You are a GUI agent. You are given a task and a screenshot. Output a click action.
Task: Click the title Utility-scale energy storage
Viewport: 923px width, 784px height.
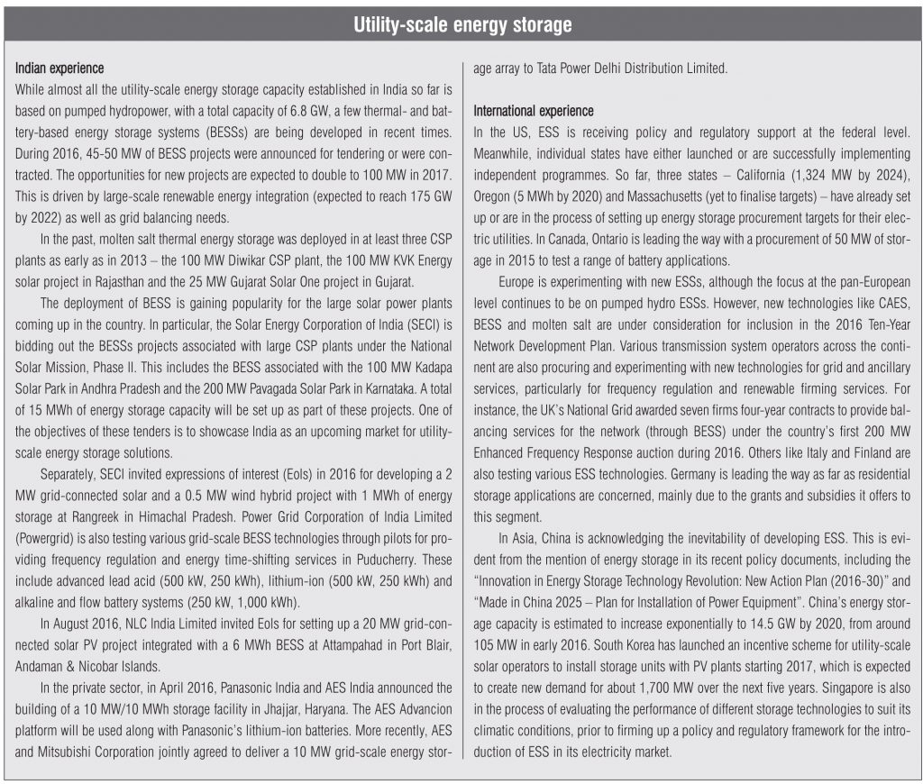pyautogui.click(x=461, y=25)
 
